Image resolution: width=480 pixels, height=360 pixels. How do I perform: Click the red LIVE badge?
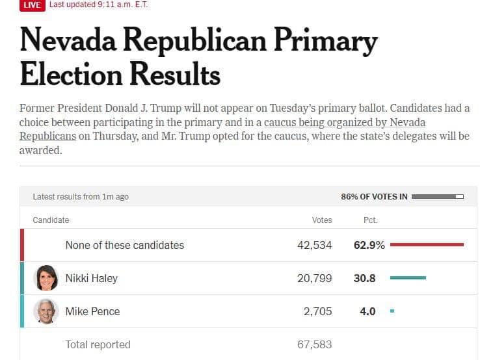coord(31,5)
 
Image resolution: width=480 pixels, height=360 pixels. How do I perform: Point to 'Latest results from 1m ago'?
coord(81,196)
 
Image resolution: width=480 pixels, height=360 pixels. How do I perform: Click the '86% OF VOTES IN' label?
coord(374,196)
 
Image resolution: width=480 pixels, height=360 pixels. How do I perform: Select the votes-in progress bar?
coord(438,196)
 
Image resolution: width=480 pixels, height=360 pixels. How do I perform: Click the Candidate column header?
coord(51,220)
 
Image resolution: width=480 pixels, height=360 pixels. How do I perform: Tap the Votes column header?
coord(322,220)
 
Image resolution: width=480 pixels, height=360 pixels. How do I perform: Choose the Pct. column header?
coord(370,220)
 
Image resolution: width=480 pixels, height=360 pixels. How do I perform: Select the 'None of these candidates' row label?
coord(124,245)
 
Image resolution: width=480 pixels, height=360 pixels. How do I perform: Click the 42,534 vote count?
coord(313,245)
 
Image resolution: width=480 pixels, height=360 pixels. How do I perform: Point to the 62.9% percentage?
coord(369,245)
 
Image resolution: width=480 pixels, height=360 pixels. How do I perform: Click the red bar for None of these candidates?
coord(427,245)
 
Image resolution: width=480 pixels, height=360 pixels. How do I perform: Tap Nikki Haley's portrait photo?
coord(46,278)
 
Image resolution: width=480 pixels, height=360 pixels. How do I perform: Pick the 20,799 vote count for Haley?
coord(313,278)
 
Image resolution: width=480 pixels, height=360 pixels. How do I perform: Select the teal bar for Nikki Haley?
coord(408,278)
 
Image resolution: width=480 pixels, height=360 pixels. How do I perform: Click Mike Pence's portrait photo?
coord(46,311)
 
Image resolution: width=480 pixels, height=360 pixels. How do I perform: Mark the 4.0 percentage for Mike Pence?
coord(367,311)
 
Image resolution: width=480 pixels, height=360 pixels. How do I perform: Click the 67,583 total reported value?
coord(314,344)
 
